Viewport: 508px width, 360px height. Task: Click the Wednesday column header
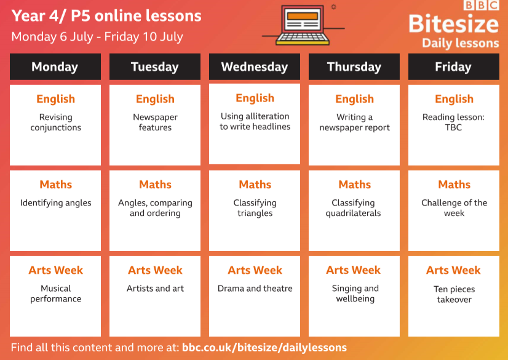click(x=255, y=66)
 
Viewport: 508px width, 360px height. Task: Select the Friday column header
click(x=454, y=66)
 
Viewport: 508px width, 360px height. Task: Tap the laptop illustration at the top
click(x=303, y=25)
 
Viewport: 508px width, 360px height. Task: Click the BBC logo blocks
click(x=481, y=5)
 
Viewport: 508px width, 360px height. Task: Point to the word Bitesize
click(x=454, y=24)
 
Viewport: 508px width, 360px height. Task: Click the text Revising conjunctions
click(x=56, y=122)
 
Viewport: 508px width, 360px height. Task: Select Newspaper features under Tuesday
click(x=155, y=122)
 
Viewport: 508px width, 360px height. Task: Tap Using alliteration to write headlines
click(x=255, y=121)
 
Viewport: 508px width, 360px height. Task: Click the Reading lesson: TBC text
click(x=454, y=122)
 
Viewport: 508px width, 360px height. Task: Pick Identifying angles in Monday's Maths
click(x=56, y=203)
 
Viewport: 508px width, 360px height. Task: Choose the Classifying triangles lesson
click(x=255, y=208)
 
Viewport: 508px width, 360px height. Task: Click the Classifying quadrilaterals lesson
click(x=353, y=208)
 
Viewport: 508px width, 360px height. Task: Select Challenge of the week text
click(x=454, y=208)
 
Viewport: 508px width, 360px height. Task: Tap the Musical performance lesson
click(x=56, y=294)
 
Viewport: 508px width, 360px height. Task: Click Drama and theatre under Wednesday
click(x=255, y=289)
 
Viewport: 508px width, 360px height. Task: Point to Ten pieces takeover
click(x=454, y=294)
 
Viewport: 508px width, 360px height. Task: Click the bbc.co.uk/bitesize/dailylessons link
click(x=264, y=348)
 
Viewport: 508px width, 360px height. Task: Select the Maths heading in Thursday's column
click(x=355, y=185)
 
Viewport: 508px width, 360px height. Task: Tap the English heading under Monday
click(x=56, y=99)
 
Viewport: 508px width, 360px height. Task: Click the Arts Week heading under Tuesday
click(x=155, y=270)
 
